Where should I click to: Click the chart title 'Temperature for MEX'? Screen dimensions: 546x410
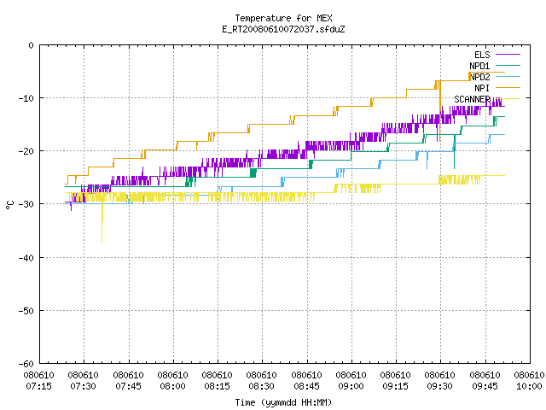[x=283, y=18]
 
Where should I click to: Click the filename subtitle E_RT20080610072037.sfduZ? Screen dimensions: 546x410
[x=283, y=29]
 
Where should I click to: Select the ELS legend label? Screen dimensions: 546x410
[x=482, y=55]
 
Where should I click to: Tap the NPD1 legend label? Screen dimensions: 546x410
[x=479, y=66]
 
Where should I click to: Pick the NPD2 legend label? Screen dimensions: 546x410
[x=479, y=77]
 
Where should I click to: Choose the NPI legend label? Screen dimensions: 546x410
[x=482, y=88]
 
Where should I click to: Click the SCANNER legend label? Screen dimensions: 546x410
[x=472, y=99]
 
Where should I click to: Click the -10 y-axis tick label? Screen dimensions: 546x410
[x=26, y=98]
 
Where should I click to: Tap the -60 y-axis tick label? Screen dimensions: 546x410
[x=26, y=364]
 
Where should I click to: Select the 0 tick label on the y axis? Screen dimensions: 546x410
[x=32, y=45]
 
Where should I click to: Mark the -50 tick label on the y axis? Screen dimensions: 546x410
[x=26, y=311]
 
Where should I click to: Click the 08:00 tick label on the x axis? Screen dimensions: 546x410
[x=172, y=386]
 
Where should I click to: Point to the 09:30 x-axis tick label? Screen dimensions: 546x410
[x=440, y=386]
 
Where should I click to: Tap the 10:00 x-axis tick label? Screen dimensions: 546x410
[x=529, y=386]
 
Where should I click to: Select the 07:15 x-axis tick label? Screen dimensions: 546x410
[x=39, y=386]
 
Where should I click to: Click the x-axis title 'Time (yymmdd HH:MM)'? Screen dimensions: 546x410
[x=283, y=402]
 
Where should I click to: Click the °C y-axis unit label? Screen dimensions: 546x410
[x=9, y=205]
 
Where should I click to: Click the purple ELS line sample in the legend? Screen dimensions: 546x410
[x=508, y=55]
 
